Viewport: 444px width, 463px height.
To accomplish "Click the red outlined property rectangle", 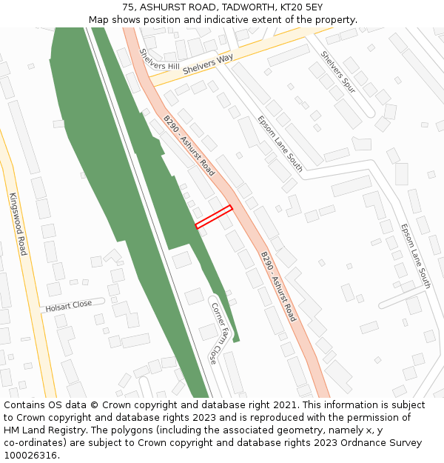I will [x=214, y=216].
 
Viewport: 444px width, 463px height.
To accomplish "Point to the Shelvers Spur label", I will [x=338, y=72].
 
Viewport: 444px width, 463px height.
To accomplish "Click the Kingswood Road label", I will [x=18, y=224].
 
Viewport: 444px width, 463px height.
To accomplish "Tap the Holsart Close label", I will [x=69, y=305].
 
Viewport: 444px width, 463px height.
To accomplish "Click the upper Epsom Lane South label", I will [x=280, y=143].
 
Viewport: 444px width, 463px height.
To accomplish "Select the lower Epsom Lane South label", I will [x=415, y=256].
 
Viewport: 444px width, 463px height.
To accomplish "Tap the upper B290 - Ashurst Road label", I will [x=189, y=145].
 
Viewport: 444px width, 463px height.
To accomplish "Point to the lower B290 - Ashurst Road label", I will [x=277, y=285].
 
